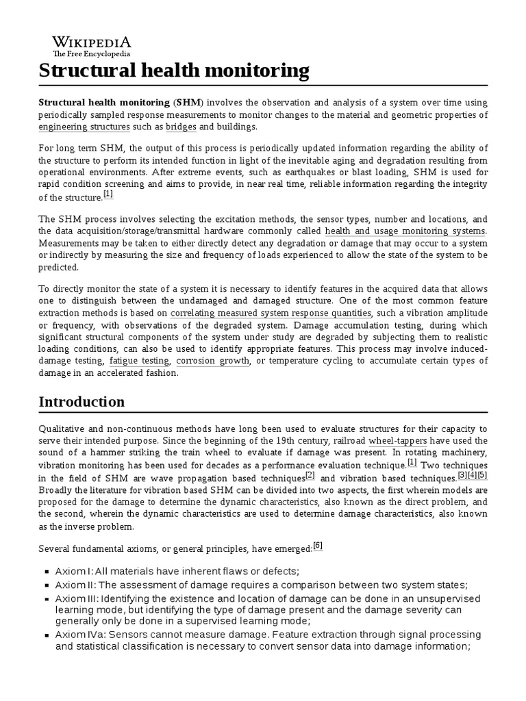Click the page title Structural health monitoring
click(174, 70)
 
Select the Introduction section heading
click(82, 401)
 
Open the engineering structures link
click(84, 127)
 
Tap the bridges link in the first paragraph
click(181, 127)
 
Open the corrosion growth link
click(212, 360)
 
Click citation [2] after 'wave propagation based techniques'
click(310, 475)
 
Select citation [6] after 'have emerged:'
click(317, 546)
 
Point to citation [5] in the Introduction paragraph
click(482, 475)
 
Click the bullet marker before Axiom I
click(46, 572)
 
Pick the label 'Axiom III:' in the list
click(77, 598)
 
